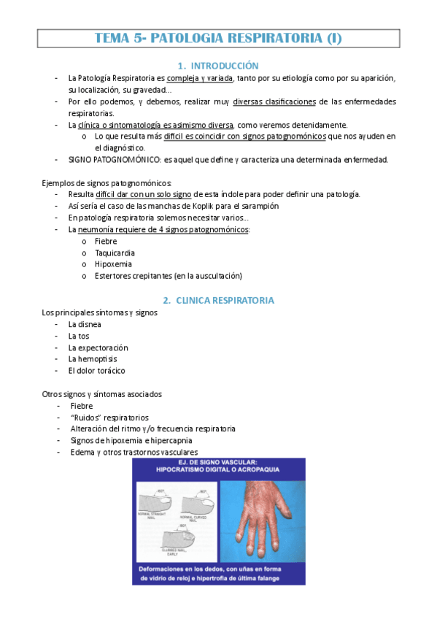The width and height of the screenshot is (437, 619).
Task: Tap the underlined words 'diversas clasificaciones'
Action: [x=279, y=101]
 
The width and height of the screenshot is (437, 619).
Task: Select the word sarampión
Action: [x=258, y=206]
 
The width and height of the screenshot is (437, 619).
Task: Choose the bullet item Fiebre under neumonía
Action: [x=106, y=241]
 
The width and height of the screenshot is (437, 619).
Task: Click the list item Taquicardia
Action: [x=115, y=253]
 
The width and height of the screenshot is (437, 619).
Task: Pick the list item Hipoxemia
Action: [x=112, y=264]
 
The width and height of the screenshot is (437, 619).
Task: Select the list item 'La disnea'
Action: [x=85, y=323]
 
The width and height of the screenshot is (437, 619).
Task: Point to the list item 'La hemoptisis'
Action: [x=92, y=358]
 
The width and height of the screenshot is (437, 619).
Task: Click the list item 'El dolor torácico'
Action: [x=96, y=370]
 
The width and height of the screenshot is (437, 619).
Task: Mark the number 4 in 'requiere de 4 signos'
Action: [x=161, y=229]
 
